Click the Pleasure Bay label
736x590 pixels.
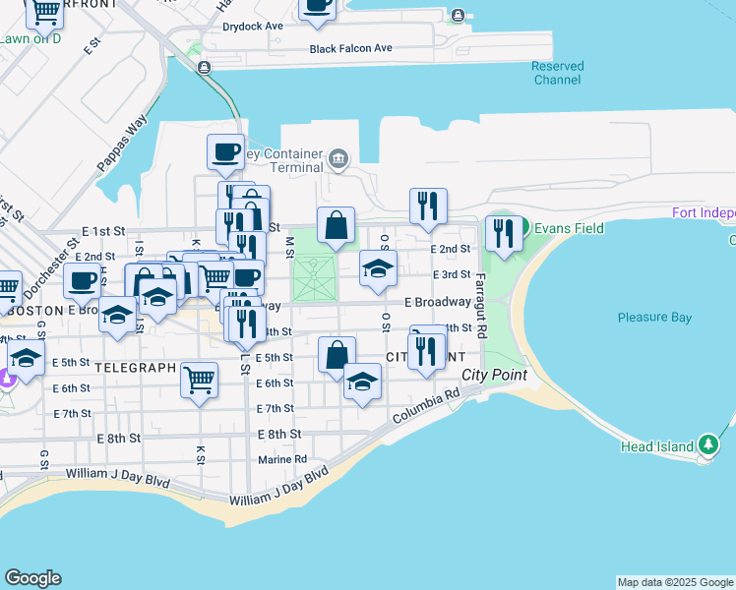tap(654, 318)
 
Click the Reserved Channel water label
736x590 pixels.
tap(557, 73)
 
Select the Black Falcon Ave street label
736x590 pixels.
tap(350, 48)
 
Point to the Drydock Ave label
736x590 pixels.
tap(253, 26)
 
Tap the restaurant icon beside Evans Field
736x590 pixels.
tap(503, 233)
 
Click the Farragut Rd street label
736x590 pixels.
tap(481, 305)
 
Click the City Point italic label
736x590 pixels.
tap(495, 375)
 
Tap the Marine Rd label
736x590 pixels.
tap(282, 459)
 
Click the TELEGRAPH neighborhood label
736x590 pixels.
tap(136, 366)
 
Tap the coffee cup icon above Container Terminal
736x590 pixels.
tap(225, 152)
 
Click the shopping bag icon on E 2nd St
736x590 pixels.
tap(336, 224)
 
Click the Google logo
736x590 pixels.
tap(32, 578)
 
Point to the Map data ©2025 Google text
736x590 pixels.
tap(675, 582)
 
